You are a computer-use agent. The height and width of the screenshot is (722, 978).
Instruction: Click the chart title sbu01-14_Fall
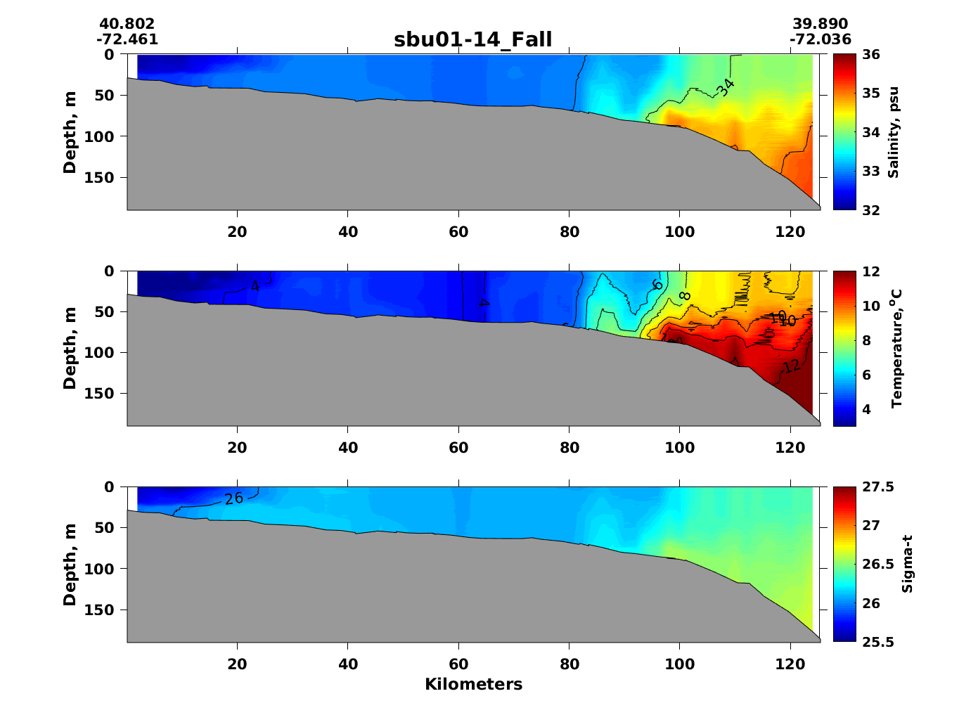click(472, 39)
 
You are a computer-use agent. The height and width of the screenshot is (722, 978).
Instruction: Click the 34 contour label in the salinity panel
click(726, 87)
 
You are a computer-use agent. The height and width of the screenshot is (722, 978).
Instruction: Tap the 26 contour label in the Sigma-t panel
click(234, 498)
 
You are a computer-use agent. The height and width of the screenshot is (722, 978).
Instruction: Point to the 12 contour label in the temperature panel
click(791, 366)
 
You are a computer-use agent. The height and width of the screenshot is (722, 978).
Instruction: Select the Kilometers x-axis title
click(473, 684)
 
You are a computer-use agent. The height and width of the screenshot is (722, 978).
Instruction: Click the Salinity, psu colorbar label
click(893, 132)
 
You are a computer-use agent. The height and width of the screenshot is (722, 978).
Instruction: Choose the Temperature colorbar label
click(896, 348)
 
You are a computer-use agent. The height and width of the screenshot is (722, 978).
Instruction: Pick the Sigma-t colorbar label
click(907, 564)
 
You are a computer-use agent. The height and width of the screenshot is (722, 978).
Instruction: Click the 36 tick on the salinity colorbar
click(870, 55)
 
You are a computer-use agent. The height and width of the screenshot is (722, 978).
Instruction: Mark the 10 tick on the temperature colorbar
click(870, 306)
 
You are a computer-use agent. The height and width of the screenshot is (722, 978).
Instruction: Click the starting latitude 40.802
click(127, 25)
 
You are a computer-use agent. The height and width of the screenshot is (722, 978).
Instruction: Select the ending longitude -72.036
click(820, 39)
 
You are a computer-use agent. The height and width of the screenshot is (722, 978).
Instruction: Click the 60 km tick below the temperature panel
click(458, 448)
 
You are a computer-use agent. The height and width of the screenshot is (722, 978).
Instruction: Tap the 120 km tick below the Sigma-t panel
click(790, 664)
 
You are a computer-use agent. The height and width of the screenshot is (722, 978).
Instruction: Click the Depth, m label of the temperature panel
click(70, 348)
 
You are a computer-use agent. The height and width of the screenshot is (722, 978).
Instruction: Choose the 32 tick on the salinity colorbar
click(870, 210)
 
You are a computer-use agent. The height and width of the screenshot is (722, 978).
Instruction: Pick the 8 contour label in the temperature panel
click(685, 296)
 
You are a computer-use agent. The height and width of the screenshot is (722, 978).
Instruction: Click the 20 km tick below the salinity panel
click(238, 232)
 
